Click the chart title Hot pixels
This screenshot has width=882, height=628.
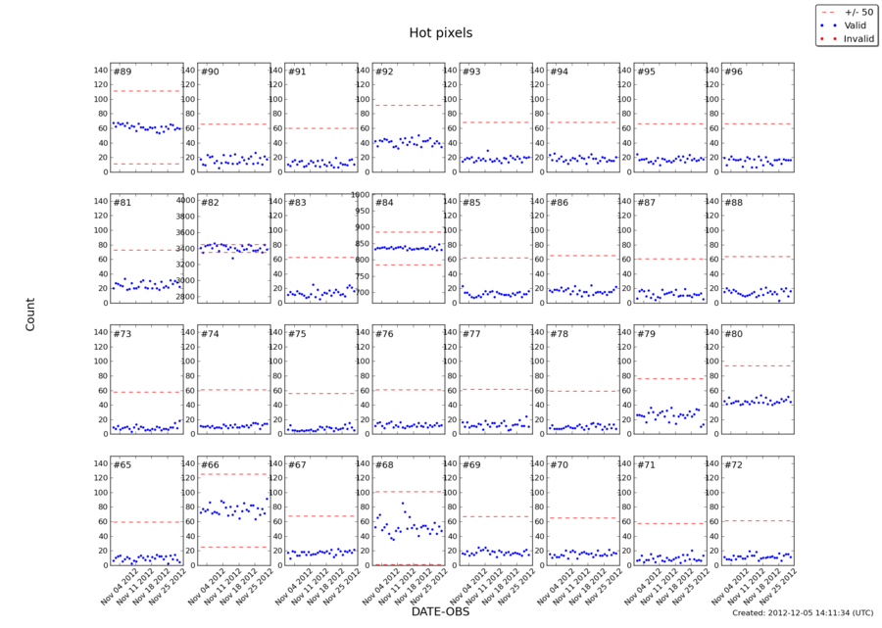[440, 32]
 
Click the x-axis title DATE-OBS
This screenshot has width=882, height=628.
[440, 612]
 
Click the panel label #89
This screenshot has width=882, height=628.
[122, 72]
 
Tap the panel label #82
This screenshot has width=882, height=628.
[210, 203]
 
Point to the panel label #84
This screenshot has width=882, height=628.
[384, 203]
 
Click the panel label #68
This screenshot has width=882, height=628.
[384, 464]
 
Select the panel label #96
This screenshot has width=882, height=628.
[733, 72]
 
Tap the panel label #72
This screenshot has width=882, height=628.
[733, 464]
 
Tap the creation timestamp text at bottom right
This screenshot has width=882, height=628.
[802, 613]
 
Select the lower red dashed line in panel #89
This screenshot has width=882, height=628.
[146, 164]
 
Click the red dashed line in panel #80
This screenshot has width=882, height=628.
[757, 365]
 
